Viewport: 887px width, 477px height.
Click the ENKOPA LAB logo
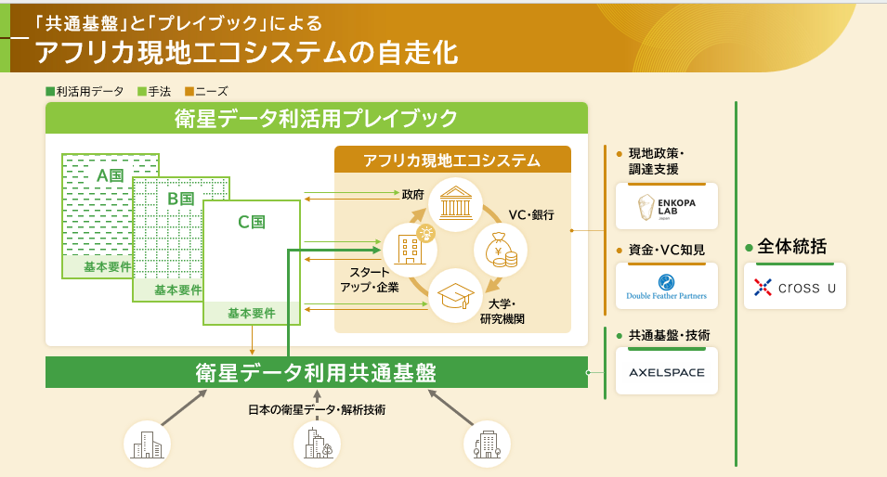tap(666, 206)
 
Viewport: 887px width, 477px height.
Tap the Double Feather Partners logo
tap(666, 286)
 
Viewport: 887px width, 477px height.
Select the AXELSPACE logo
tap(666, 372)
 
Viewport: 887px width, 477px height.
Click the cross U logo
tap(794, 288)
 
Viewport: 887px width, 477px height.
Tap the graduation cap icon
tap(454, 294)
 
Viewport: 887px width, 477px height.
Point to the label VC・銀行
tap(530, 214)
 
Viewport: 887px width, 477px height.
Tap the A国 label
tap(110, 174)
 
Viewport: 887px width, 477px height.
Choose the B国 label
tap(180, 198)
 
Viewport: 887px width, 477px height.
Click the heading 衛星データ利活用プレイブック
tap(316, 119)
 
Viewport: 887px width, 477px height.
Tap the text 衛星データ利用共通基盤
tap(316, 372)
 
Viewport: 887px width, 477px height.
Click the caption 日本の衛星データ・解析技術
tap(316, 409)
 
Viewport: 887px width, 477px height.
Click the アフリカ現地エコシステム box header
tap(453, 160)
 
